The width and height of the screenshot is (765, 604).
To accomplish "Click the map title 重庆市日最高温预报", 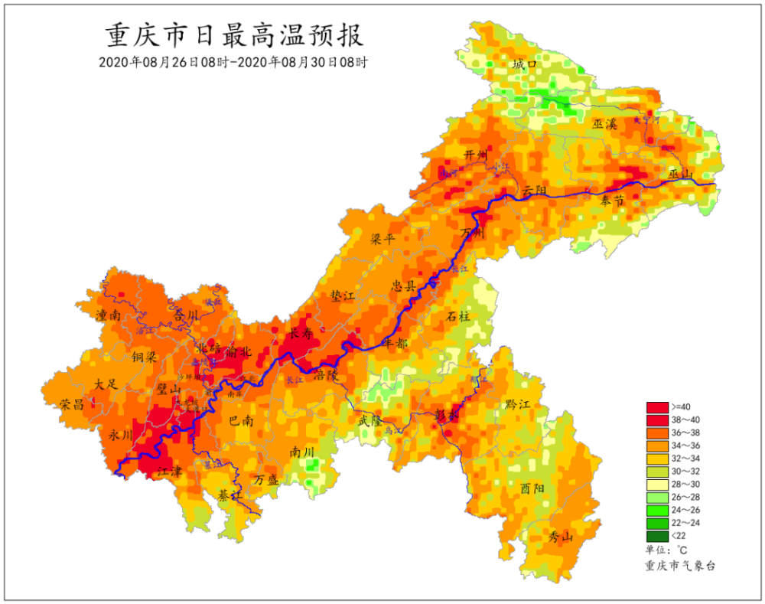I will point(233,35).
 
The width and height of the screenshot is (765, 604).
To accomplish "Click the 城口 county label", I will point(525,65).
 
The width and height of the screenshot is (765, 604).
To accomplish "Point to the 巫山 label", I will point(679,175).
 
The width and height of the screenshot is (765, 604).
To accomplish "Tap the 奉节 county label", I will point(612,201).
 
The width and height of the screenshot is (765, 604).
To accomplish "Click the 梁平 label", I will point(382,239).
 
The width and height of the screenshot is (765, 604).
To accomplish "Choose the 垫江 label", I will point(342,295).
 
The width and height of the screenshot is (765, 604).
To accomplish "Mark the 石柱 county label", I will point(459,315).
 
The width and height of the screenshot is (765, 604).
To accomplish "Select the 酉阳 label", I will point(532,488).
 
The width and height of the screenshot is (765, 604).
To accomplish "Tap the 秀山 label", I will point(561,537).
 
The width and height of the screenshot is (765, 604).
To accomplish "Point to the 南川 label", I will point(302,452).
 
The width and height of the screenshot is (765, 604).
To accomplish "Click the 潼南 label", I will point(109,315).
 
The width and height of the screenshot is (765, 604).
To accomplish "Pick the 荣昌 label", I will point(72,404).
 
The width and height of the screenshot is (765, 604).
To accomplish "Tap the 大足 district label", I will point(106,384).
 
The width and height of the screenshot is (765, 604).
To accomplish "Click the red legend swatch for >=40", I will point(657,406).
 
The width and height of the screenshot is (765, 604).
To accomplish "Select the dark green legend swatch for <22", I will point(657,536).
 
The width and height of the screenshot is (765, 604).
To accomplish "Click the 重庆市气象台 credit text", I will point(680,566).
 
